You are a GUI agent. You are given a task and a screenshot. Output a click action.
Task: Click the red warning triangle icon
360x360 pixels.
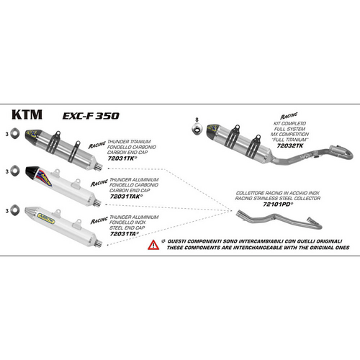click(153, 246)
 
